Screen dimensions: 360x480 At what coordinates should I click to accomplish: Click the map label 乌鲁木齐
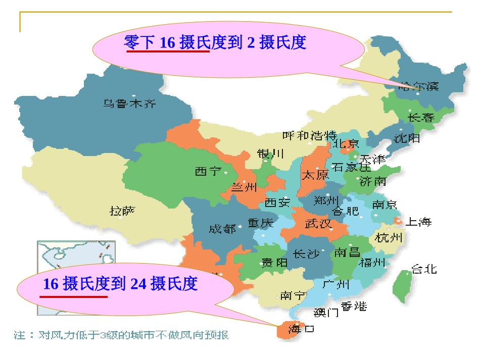point(130,104)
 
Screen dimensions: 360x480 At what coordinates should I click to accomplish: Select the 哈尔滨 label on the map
point(419,86)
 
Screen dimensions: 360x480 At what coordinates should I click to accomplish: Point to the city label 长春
point(421,118)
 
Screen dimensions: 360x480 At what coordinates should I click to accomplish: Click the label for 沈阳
point(407,138)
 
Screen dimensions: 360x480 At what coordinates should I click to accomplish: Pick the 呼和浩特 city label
point(309,136)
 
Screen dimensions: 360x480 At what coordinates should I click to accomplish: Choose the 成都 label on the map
point(222,229)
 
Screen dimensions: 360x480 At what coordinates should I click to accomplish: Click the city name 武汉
point(318,223)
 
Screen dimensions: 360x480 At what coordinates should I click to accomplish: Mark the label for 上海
point(419,222)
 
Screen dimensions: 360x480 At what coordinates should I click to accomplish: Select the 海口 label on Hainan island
point(301,330)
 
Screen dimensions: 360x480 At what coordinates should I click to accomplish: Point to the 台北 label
point(424,269)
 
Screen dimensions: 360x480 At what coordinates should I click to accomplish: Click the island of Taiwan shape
point(402,285)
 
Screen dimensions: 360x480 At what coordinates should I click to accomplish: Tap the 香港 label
point(354,306)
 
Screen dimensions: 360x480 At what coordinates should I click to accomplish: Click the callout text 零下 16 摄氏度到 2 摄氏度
point(215,43)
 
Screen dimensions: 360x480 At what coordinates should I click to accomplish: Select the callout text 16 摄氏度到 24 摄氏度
point(120,284)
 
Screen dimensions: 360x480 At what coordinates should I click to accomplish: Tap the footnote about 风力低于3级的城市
point(124,335)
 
